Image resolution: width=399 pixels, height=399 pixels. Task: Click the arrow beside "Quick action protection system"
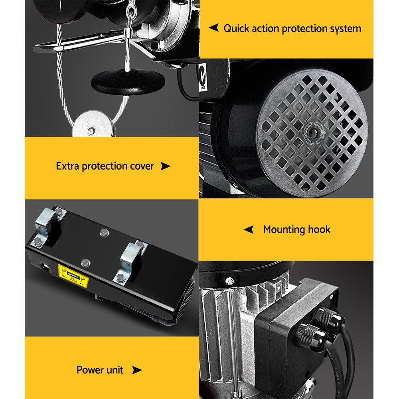point(214,28)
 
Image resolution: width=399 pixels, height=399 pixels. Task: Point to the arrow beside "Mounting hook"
point(249,229)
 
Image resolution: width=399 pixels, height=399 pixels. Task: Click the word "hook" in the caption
point(319,229)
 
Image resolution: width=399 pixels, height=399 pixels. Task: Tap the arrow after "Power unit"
point(137,370)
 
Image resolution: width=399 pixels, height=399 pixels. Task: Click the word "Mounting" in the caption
point(284,229)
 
